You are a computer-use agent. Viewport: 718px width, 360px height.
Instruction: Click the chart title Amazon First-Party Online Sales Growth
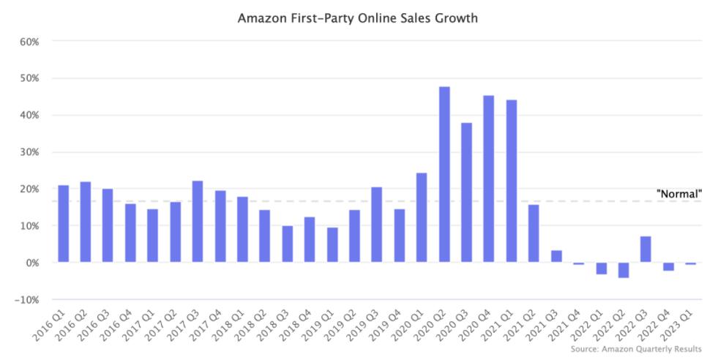pos(358,18)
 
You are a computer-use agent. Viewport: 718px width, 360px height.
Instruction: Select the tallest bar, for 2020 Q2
pos(444,174)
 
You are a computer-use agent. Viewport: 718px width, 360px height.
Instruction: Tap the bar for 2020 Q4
pos(489,179)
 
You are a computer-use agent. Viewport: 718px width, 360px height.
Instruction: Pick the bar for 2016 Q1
pos(64,223)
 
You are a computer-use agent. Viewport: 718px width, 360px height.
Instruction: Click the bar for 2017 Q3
pos(198,221)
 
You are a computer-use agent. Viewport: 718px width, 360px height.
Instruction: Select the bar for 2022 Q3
pos(646,249)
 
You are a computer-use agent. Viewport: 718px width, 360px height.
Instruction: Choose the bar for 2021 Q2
pos(534,233)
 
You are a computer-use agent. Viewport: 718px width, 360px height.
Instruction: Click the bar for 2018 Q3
pos(288,244)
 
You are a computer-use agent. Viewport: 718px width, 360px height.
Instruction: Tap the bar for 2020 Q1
pos(422,217)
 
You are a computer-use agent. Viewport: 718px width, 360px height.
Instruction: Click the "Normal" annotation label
pos(679,194)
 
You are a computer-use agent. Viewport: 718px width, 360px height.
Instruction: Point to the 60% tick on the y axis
pos(29,41)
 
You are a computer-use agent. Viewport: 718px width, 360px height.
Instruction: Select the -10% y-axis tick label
pos(26,300)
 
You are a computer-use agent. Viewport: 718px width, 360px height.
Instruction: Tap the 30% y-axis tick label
pos(29,152)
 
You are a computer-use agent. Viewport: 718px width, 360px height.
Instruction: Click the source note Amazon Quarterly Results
pos(636,349)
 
